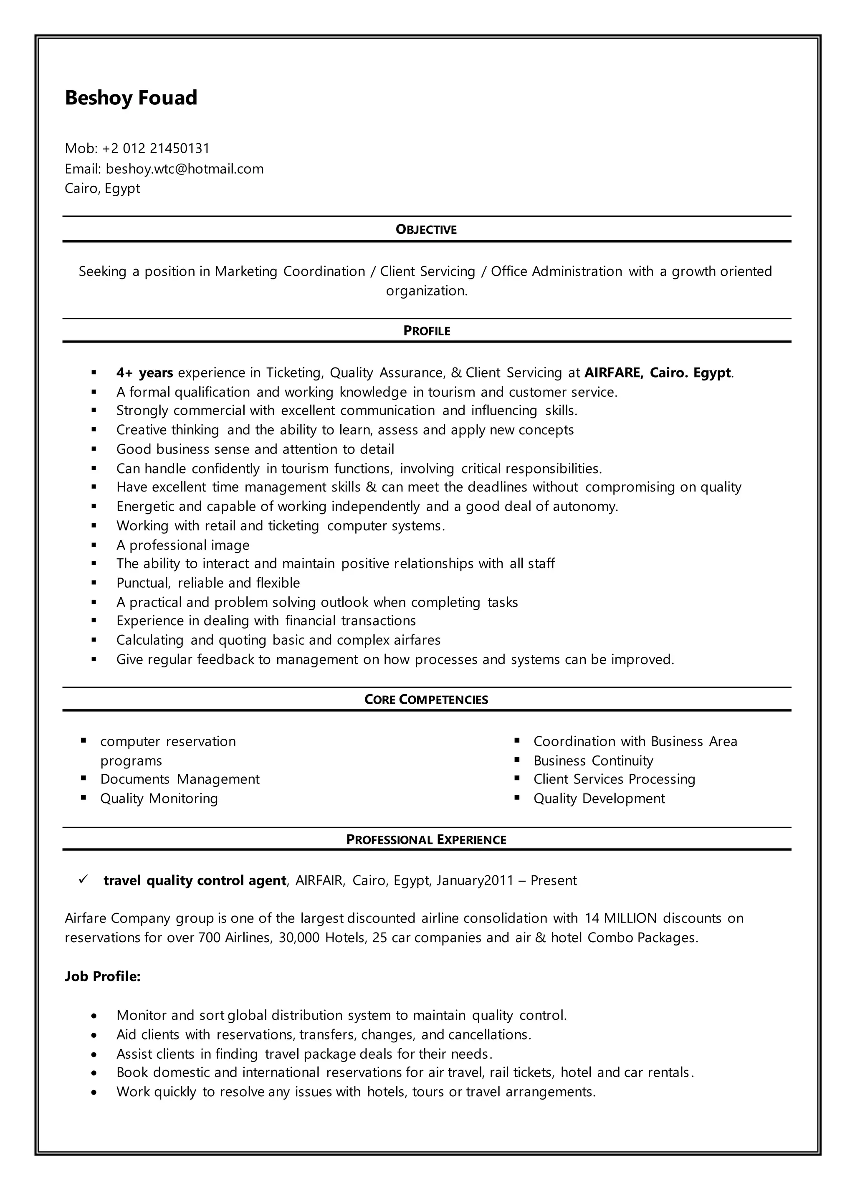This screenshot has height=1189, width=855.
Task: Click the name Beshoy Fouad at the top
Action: (x=131, y=98)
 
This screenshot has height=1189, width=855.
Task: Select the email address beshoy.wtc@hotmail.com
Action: (x=185, y=169)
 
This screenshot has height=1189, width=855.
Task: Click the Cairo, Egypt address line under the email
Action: (x=102, y=188)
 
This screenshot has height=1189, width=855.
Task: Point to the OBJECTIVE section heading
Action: (x=426, y=230)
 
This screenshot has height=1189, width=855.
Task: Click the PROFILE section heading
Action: (x=427, y=331)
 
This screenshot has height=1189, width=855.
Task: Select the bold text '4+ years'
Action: (x=145, y=373)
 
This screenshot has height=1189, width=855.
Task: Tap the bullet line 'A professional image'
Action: (x=182, y=545)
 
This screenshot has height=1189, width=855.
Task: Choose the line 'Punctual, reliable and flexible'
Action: (x=208, y=583)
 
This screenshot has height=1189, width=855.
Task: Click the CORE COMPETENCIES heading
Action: (x=426, y=700)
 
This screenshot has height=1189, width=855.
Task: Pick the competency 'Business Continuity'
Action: (x=593, y=761)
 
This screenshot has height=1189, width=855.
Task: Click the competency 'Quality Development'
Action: (x=599, y=799)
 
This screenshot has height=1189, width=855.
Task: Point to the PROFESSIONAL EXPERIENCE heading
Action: (x=426, y=840)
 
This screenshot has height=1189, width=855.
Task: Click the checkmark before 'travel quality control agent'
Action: (x=83, y=879)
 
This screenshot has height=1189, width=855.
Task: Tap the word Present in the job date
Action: (x=553, y=880)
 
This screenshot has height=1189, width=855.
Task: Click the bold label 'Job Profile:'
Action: (x=103, y=976)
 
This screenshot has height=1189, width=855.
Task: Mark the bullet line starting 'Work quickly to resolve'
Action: (x=356, y=1092)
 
